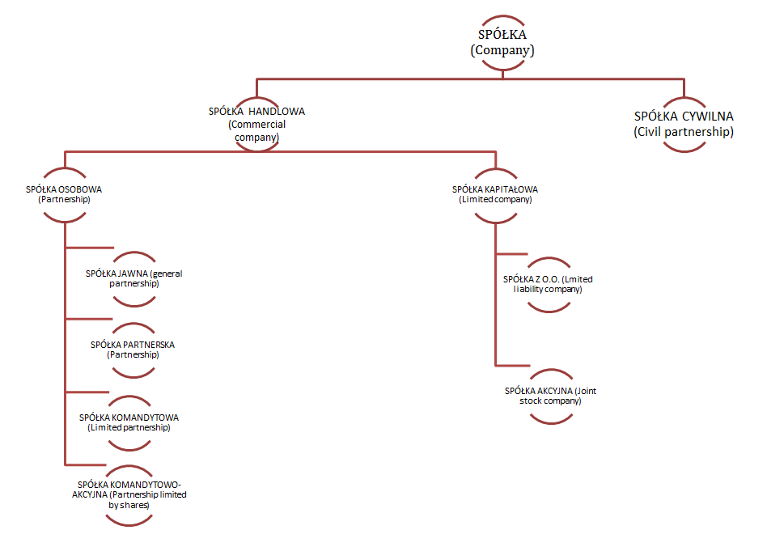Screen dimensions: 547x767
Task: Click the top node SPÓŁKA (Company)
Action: (502, 42)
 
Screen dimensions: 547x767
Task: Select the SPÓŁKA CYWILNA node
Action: (684, 124)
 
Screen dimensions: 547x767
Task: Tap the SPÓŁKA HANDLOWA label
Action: (256, 111)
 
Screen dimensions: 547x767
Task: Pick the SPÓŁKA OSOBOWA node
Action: (64, 194)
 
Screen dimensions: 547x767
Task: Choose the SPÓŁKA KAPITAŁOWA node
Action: (494, 194)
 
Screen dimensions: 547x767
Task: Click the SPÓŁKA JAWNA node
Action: (133, 278)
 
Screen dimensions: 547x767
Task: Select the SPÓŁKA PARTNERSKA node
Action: (133, 350)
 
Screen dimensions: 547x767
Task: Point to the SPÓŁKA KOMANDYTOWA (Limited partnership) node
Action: (129, 422)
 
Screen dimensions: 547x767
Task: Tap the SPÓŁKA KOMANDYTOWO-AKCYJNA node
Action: (129, 494)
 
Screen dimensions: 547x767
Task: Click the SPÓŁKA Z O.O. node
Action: (548, 284)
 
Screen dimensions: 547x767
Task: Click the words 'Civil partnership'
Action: (684, 132)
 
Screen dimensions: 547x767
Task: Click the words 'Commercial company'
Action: (257, 131)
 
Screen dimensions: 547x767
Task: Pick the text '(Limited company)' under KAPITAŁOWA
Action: (495, 199)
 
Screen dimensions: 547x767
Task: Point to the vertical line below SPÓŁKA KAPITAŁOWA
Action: (494, 307)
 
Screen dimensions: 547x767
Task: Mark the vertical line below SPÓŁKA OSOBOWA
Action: (64, 348)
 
